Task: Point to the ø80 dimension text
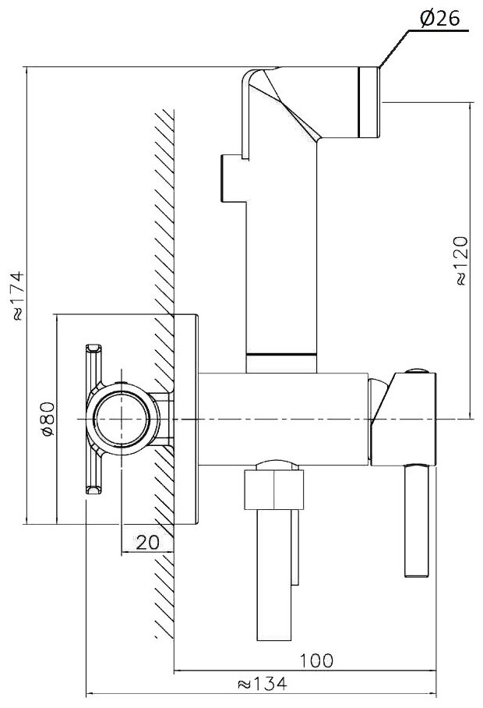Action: [47, 419]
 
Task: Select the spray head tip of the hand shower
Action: [368, 101]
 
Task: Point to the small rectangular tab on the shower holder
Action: [232, 176]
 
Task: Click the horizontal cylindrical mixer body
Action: [284, 417]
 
